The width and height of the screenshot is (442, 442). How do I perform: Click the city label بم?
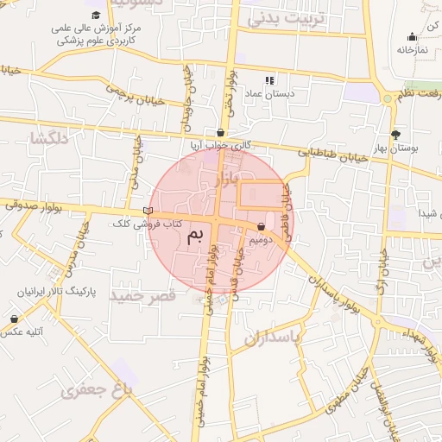tap(197, 236)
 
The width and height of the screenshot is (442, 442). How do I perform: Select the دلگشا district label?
tap(48, 138)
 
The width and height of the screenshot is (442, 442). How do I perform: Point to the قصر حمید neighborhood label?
tap(143, 295)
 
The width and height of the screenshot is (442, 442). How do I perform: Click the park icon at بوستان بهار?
tap(396, 135)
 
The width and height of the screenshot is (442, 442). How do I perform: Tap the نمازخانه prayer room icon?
tap(412, 36)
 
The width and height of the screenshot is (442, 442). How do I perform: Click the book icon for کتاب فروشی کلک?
tap(148, 211)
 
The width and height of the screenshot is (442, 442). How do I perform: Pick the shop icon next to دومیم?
tap(262, 226)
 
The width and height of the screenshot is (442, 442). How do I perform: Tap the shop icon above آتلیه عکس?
tap(14, 319)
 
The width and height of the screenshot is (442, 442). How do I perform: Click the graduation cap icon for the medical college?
tap(95, 16)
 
